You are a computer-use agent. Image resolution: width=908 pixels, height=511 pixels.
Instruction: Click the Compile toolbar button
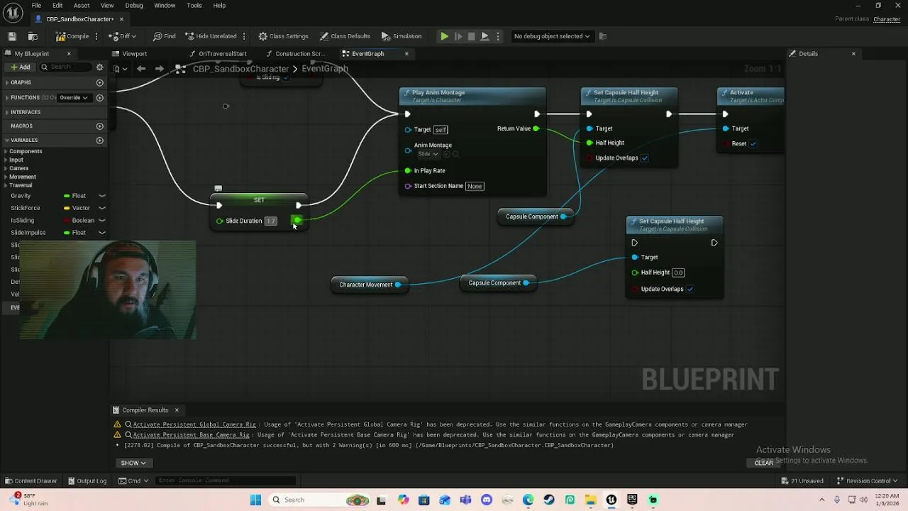pyautogui.click(x=73, y=36)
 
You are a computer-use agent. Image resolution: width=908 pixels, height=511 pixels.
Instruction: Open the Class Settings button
pyautogui.click(x=283, y=36)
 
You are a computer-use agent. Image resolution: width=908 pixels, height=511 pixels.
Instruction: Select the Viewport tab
pyautogui.click(x=134, y=54)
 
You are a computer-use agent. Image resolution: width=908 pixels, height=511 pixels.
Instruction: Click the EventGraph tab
pyautogui.click(x=367, y=54)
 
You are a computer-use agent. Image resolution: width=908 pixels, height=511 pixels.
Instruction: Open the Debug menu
pyautogui.click(x=134, y=6)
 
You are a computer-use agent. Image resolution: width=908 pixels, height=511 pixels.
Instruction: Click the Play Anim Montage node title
pyautogui.click(x=438, y=92)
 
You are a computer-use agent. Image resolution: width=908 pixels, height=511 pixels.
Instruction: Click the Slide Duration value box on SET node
pyautogui.click(x=270, y=221)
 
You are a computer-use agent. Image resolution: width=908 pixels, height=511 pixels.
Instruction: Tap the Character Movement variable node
pyautogui.click(x=365, y=285)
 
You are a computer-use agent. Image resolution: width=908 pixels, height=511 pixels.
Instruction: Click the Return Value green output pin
pyautogui.click(x=536, y=128)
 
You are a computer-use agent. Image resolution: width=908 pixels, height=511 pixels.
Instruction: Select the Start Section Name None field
pyautogui.click(x=475, y=186)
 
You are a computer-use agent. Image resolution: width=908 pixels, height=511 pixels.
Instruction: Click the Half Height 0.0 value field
pyautogui.click(x=678, y=273)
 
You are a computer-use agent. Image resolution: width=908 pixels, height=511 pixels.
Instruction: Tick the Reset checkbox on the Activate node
pyautogui.click(x=753, y=143)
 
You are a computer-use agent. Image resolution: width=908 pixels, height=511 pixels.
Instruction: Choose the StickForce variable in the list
pyautogui.click(x=26, y=208)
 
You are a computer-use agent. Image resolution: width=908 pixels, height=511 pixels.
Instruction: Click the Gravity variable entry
pyautogui.click(x=21, y=196)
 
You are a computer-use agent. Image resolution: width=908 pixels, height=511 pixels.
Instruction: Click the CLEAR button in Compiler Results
pyautogui.click(x=763, y=463)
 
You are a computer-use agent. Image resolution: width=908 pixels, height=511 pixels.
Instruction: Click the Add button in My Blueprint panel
pyautogui.click(x=20, y=67)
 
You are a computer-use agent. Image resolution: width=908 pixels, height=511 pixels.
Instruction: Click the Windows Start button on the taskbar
pyautogui.click(x=255, y=500)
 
